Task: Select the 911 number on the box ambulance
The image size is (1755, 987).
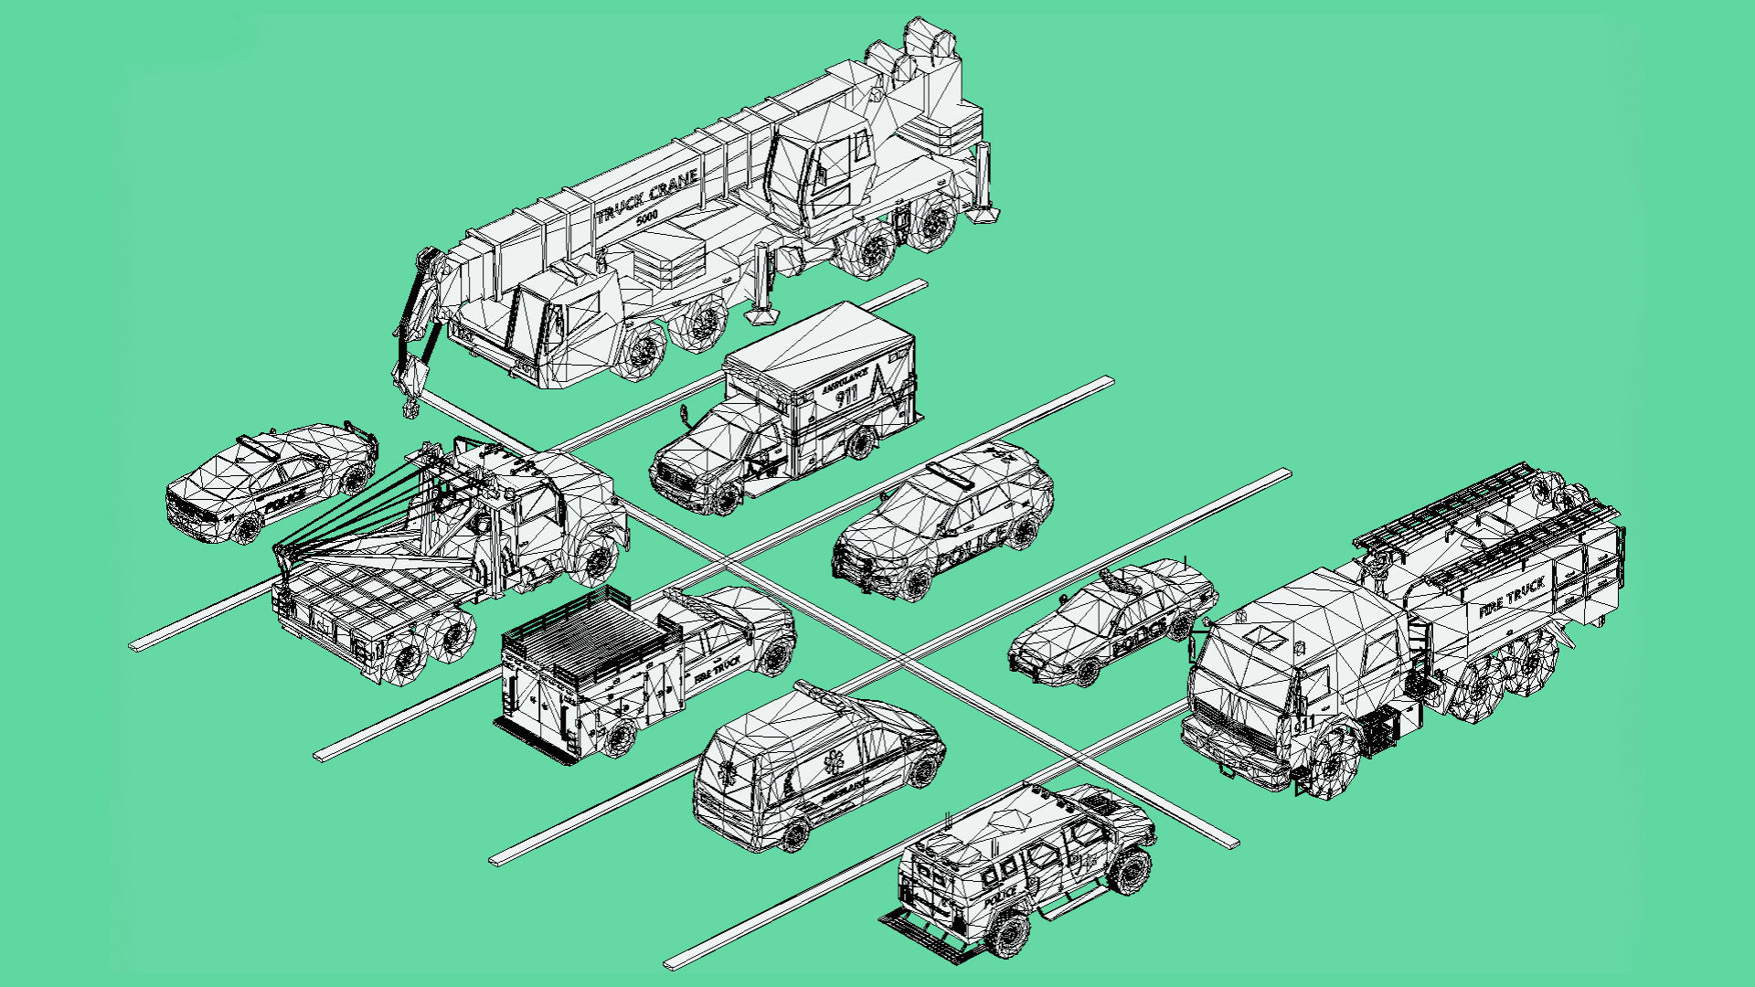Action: [x=847, y=396]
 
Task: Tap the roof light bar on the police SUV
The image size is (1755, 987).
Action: [x=951, y=476]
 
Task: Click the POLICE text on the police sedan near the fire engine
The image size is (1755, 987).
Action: [x=1139, y=636]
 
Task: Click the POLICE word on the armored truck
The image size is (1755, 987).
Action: [x=1002, y=892]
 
